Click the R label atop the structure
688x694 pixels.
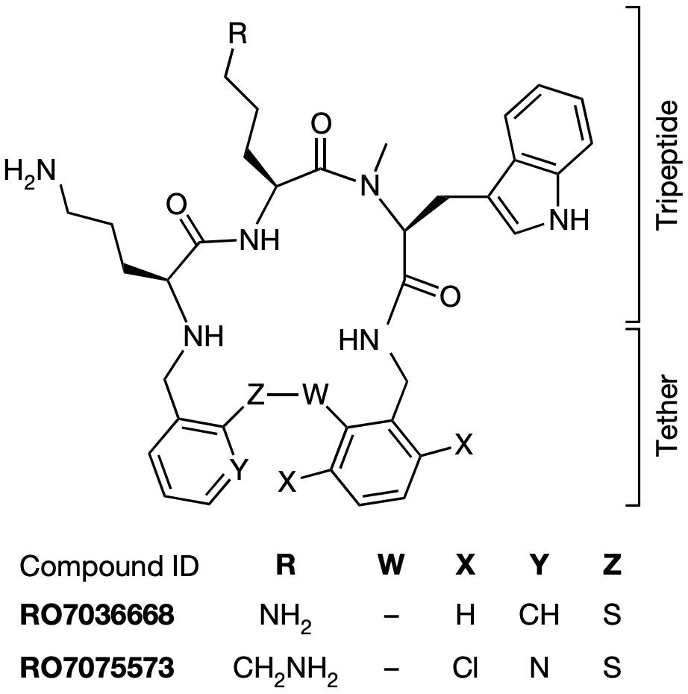pos(238,34)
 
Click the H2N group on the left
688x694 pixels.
pos(31,172)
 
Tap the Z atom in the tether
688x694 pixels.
pos(255,395)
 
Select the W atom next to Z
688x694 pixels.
pos(315,395)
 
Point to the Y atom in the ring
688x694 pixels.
pos(239,469)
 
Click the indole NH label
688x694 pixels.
pos(569,220)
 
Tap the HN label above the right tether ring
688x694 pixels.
pos(359,341)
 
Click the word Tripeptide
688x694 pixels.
pos(667,165)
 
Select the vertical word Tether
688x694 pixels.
pos(667,416)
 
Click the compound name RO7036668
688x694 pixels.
pos(97,615)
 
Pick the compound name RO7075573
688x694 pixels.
pos(97,667)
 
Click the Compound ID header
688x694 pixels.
pos(109,566)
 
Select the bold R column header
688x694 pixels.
pos(286,566)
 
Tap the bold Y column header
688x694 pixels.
pos(539,566)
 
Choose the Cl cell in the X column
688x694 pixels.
pos(465,667)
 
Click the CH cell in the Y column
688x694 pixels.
pos(539,615)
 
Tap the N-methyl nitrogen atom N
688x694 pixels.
pos(370,186)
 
